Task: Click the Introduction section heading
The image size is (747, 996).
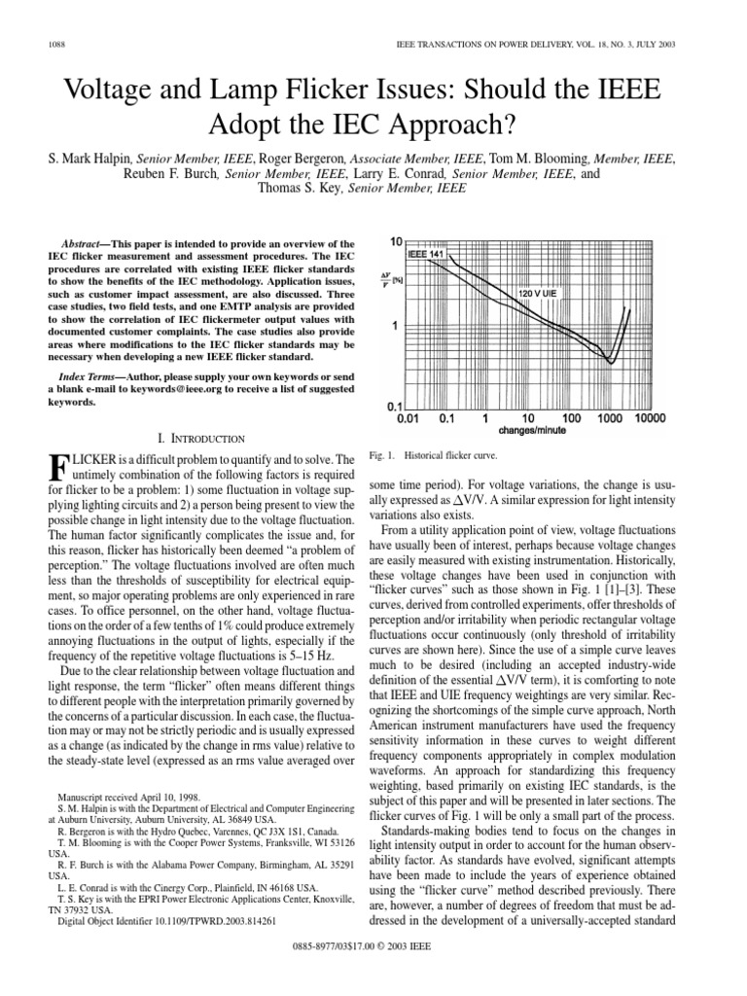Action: [x=194, y=439]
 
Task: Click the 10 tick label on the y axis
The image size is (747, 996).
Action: [x=396, y=240]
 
